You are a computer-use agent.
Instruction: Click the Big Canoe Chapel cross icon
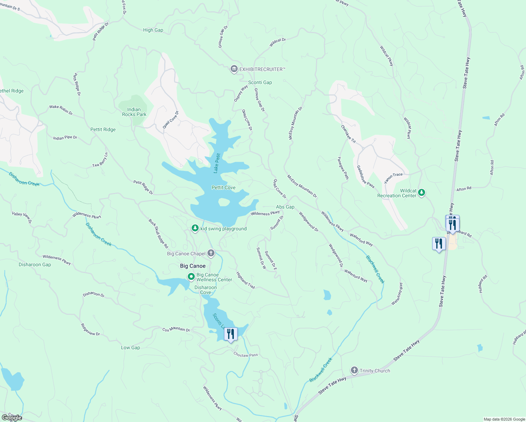[211, 253]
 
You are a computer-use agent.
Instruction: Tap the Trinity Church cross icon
[354, 370]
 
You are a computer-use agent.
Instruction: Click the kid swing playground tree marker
[195, 228]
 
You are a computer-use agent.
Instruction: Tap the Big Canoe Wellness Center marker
[191, 277]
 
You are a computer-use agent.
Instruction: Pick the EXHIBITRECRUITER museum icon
[234, 69]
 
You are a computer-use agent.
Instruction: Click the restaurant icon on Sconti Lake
[231, 334]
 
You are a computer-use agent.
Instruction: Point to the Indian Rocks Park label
[134, 112]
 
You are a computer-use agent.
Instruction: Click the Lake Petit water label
[217, 163]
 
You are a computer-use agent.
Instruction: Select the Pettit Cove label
[223, 187]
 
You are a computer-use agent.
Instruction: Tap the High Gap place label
[153, 30]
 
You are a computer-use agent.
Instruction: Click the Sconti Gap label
[260, 82]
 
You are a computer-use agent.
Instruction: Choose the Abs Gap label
[285, 207]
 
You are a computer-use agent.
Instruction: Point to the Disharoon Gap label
[35, 264]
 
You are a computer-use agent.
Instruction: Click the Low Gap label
[130, 347]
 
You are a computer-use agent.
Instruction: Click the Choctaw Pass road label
[245, 355]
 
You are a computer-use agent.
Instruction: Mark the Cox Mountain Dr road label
[176, 330]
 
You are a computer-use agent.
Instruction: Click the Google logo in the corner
[12, 417]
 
